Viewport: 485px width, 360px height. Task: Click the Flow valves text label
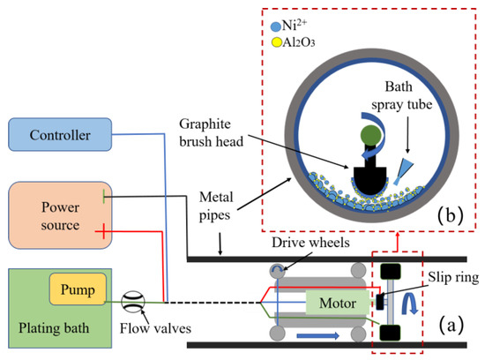[x=146, y=336]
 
